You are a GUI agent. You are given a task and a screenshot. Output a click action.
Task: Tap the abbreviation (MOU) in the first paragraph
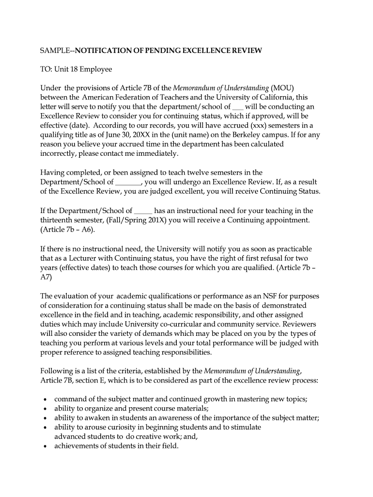(282, 88)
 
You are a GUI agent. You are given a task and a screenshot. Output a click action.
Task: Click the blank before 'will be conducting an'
(238, 107)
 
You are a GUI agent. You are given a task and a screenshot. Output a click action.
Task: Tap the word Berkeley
(242, 135)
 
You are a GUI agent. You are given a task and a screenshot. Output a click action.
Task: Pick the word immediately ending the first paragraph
(158, 153)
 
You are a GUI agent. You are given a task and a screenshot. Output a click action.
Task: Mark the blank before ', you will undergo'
(128, 182)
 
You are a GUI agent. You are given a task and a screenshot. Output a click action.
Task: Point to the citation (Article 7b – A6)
(68, 229)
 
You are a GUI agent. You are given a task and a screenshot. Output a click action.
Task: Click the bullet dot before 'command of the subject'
(45, 399)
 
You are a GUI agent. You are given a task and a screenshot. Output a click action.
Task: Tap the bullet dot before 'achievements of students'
(45, 446)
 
